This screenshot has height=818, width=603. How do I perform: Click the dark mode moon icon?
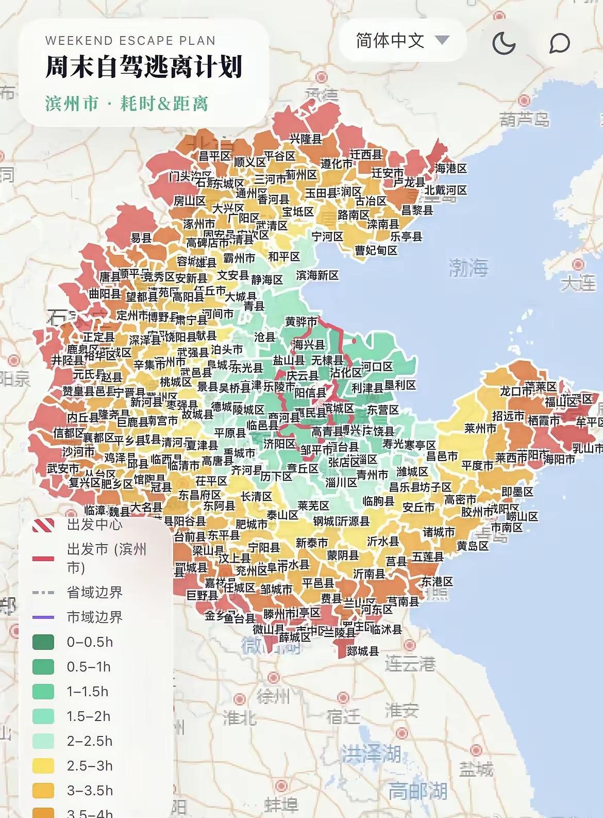pos(504,43)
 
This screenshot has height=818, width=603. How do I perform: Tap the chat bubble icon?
pos(559,43)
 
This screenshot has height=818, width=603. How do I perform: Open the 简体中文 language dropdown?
pos(402,40)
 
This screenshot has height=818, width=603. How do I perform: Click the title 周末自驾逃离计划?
pos(144,67)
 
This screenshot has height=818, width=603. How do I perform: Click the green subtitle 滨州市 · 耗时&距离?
pos(127,103)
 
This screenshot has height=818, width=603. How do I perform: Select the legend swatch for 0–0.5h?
pos(43,642)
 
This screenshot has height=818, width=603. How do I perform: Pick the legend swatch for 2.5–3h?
pos(43,766)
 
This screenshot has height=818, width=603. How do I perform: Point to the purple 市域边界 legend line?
pos(43,617)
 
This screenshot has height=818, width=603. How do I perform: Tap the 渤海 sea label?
pos(468,267)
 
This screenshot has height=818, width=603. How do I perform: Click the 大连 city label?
pos(577,283)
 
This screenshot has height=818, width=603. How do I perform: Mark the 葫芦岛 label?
pos(524,120)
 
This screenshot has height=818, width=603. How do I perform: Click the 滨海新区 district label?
pos(317,275)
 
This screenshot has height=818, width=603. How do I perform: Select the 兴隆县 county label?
pos(306,139)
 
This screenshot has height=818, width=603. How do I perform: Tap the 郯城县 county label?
pos(363,651)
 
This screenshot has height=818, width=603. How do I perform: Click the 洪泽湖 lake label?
pos(371,754)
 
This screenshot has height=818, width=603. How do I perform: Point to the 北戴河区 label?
pos(446,190)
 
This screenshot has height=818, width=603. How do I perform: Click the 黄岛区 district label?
pos(473,545)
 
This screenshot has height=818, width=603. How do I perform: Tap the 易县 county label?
pos(141,238)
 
